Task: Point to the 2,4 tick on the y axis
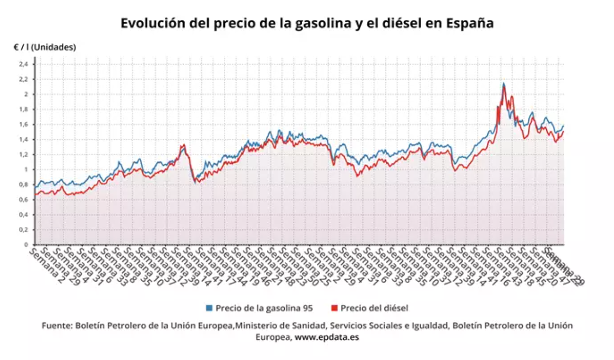click(x=24, y=64)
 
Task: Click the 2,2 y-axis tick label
click(x=24, y=79)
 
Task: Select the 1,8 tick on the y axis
click(x=24, y=109)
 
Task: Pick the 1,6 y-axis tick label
click(x=24, y=124)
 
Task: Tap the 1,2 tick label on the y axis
click(x=24, y=155)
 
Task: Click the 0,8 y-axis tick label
click(x=24, y=185)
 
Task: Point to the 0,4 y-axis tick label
click(x=24, y=215)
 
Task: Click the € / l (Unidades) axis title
click(x=44, y=47)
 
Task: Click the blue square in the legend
click(x=209, y=308)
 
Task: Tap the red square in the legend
click(x=334, y=308)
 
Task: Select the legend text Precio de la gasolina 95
click(x=264, y=308)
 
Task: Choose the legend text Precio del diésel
click(x=374, y=308)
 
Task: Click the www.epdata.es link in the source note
click(x=327, y=337)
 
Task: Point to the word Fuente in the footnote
click(x=57, y=326)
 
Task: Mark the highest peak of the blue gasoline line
click(x=504, y=84)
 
